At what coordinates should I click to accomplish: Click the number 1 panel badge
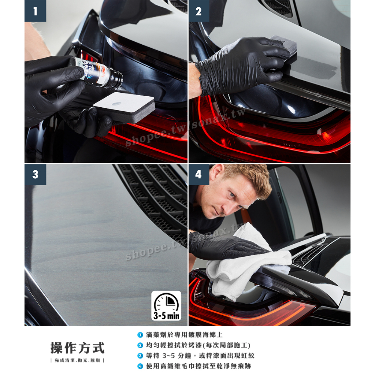(35, 11)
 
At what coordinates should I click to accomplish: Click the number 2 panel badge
(199, 11)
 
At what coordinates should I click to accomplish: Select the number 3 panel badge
(35, 174)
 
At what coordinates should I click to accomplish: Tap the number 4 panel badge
(199, 174)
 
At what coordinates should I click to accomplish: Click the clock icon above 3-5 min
(167, 302)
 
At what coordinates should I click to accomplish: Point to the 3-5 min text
(167, 316)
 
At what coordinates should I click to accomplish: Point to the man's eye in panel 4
(232, 195)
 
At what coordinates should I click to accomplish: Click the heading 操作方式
(78, 348)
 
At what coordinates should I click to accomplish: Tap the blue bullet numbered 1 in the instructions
(140, 335)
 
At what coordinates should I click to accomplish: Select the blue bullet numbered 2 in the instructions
(140, 345)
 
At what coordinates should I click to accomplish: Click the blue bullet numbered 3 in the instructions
(140, 356)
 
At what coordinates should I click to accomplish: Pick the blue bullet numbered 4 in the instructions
(140, 366)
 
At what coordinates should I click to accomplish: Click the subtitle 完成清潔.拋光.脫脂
(78, 360)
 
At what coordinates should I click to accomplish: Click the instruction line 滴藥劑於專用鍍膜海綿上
(185, 335)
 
